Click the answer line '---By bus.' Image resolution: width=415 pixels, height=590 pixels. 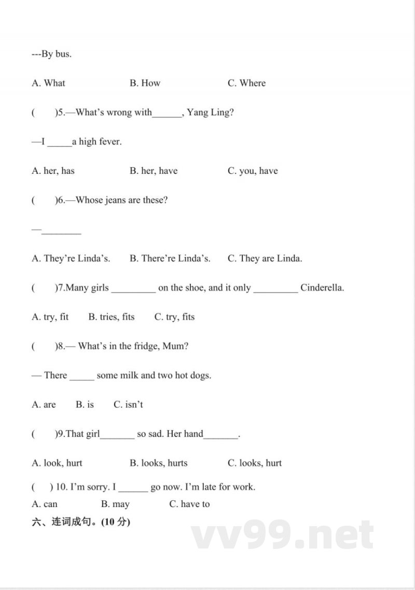[51, 54]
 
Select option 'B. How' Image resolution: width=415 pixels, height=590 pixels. [145, 83]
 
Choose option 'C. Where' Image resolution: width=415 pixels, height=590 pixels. [246, 83]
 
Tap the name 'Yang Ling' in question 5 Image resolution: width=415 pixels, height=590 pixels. [210, 112]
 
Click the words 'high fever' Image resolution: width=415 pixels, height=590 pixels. [100, 142]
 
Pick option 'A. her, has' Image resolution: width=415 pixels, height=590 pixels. [53, 171]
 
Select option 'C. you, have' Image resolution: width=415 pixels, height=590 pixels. [253, 171]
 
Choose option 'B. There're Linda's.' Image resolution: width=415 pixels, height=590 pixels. [170, 258]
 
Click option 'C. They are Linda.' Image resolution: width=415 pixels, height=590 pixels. [265, 258]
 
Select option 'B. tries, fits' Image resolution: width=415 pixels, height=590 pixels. [111, 317]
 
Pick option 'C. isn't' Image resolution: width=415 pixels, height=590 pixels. [128, 405]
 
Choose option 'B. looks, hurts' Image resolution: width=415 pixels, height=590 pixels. [158, 463]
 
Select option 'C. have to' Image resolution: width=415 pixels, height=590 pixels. [189, 504]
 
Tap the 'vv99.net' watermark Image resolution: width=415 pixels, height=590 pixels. [282, 535]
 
